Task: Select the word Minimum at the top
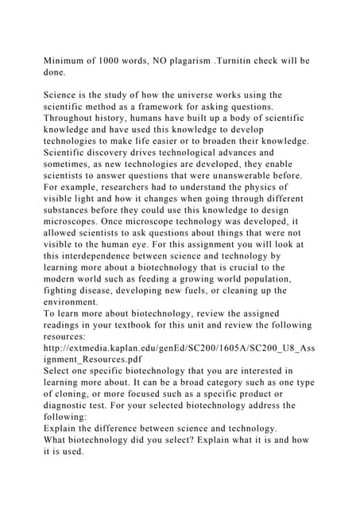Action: point(69,60)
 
